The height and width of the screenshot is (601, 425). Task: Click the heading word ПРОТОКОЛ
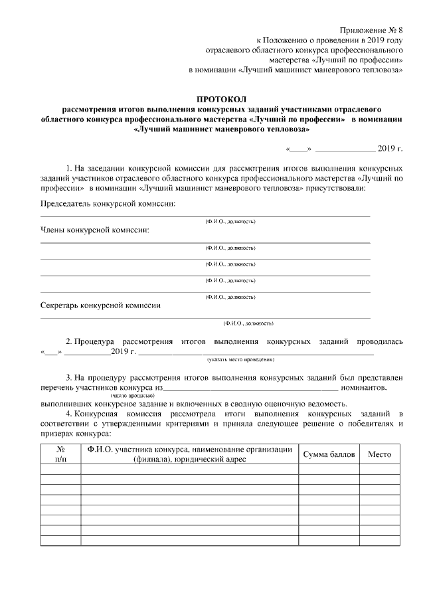click(x=222, y=98)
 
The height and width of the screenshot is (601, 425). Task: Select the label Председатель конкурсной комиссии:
click(x=108, y=203)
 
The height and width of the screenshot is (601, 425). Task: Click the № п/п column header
click(x=60, y=454)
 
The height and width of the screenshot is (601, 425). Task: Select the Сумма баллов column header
click(x=330, y=454)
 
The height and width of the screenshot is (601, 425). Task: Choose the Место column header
click(x=380, y=454)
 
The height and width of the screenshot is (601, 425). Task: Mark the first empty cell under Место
click(x=380, y=469)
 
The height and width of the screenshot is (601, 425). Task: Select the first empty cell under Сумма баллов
click(x=330, y=469)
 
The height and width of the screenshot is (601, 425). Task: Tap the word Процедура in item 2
click(x=98, y=341)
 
